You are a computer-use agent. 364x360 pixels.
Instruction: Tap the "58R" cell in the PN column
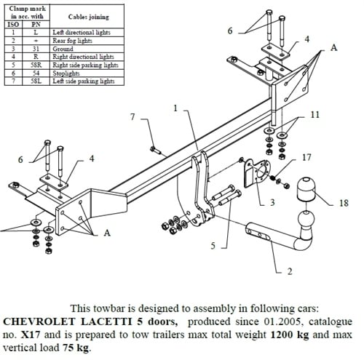(36, 65)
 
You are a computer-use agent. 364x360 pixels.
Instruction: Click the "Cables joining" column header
(88, 17)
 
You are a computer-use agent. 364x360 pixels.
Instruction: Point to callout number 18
(344, 203)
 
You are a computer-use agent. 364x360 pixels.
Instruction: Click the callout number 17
(306, 158)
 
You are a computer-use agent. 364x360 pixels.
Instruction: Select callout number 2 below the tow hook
(290, 271)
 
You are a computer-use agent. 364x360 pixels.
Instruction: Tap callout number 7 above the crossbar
(132, 117)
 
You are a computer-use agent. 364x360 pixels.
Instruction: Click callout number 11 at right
(315, 115)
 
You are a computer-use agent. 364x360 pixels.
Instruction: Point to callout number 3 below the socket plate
(272, 202)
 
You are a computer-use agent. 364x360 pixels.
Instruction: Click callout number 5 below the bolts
(213, 246)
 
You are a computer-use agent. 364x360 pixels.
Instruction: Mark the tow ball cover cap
(306, 189)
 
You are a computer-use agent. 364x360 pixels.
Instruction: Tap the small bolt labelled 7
(156, 151)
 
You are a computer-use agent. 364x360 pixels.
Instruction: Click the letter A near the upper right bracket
(334, 47)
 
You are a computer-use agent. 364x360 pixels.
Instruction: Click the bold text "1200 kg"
(290, 335)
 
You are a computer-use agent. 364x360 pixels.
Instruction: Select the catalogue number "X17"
(30, 335)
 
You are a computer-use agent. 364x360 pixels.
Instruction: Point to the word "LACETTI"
(106, 321)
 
